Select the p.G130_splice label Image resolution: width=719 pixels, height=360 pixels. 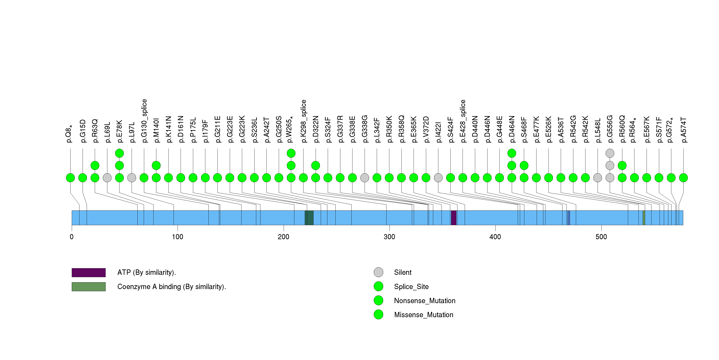point(144,121)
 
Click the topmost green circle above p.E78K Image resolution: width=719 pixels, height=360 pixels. point(119,153)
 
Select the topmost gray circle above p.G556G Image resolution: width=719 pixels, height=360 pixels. point(610,153)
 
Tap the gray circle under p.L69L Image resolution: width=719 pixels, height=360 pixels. point(107,178)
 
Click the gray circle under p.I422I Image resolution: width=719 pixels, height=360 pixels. point(438,178)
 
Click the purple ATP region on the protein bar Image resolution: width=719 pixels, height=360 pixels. point(454,218)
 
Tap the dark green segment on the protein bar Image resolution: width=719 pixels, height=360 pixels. point(309,218)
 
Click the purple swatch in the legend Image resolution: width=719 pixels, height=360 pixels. point(88,272)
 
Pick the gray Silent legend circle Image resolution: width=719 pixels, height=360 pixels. point(378,272)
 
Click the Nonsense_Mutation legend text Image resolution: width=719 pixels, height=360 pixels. point(424,301)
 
